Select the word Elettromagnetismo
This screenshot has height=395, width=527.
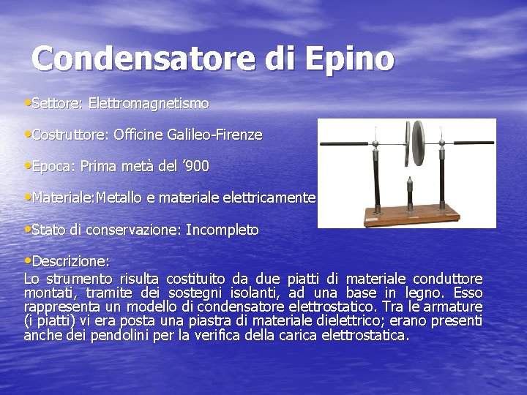click(149, 104)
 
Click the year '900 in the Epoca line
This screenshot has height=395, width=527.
click(197, 167)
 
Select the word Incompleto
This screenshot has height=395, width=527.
click(222, 230)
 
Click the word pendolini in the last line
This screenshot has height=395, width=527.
click(100, 335)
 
